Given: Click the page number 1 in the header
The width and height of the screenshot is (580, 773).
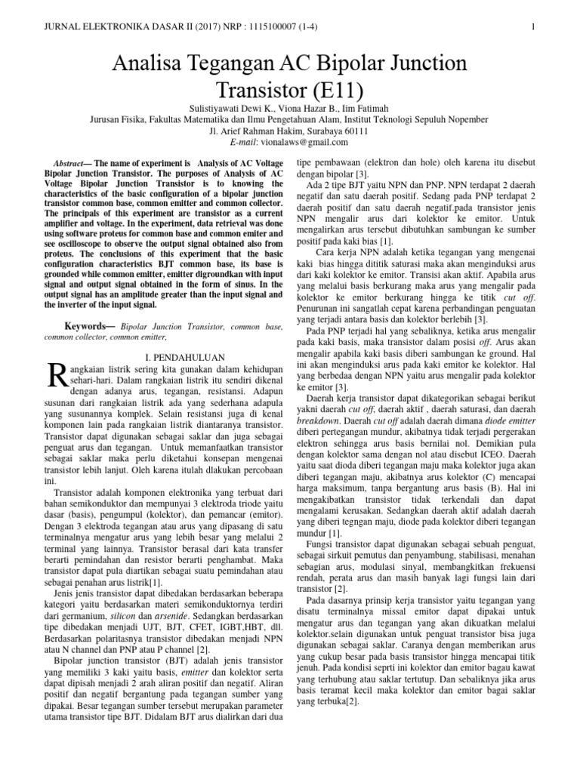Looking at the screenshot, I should [533, 28].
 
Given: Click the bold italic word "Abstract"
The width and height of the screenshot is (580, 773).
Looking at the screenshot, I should [73, 163].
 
